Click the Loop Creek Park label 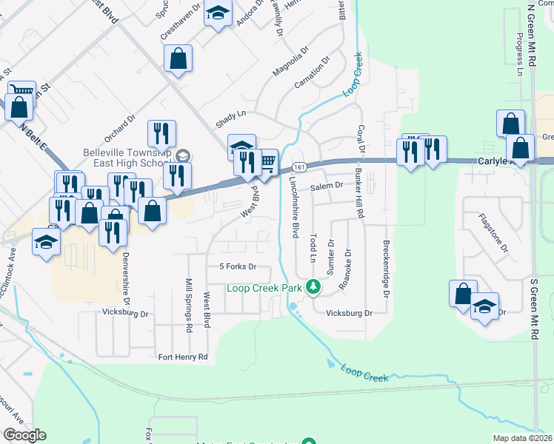click(x=265, y=287)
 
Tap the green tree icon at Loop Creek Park click(x=313, y=286)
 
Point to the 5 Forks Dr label click(x=238, y=266)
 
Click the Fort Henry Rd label click(x=184, y=357)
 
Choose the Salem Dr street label click(x=327, y=186)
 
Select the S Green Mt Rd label click(x=533, y=303)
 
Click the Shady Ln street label click(x=230, y=116)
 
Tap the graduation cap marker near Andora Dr click(x=218, y=14)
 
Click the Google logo click(x=24, y=435)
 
